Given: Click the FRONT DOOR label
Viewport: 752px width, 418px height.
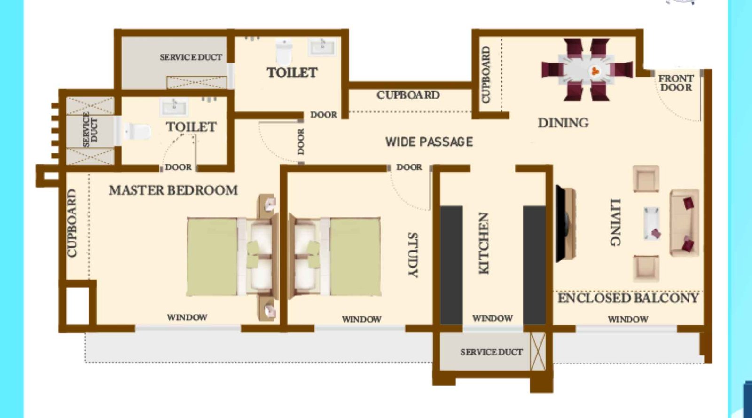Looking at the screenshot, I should (676, 83).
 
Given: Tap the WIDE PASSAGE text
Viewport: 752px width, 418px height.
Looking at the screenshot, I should (429, 142).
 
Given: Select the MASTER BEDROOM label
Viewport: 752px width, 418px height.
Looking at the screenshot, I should (173, 190).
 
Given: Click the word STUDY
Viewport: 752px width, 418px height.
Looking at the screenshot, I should (412, 254).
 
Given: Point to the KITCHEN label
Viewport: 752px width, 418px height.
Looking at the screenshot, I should (484, 243).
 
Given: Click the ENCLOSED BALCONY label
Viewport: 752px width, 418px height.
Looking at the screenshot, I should (628, 298).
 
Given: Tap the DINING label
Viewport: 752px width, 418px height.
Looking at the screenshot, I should (563, 123).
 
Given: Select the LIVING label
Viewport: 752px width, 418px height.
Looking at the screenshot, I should (615, 222).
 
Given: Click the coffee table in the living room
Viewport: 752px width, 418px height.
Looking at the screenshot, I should (652, 223).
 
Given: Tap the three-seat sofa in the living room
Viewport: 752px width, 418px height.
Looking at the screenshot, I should (684, 223).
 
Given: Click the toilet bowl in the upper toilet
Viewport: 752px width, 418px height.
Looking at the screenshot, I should (284, 51).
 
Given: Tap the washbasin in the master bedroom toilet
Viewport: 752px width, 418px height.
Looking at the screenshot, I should (173, 107).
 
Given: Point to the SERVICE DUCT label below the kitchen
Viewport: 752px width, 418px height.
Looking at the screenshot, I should (491, 352).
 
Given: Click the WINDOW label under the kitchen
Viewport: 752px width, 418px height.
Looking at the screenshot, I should (492, 319).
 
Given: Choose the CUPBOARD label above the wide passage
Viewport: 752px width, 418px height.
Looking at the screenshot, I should (408, 95).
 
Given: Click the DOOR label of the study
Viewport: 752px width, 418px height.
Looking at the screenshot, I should (409, 167).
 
